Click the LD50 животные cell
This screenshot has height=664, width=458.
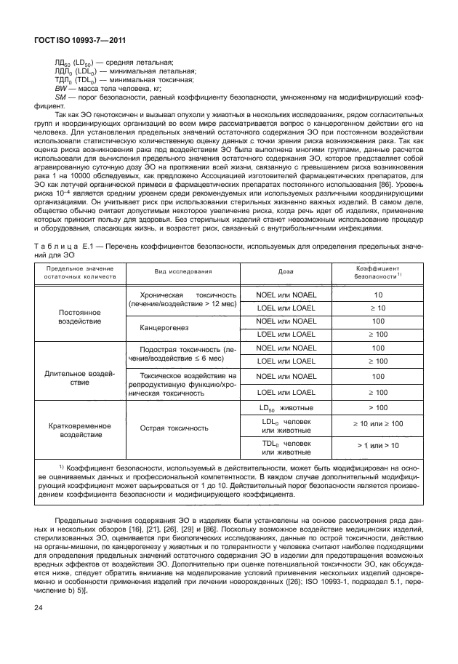click(286, 408)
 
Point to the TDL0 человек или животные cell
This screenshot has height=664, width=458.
click(286, 448)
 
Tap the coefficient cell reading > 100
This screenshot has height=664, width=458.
click(377, 408)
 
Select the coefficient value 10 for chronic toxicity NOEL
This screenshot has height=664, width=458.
click(377, 295)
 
